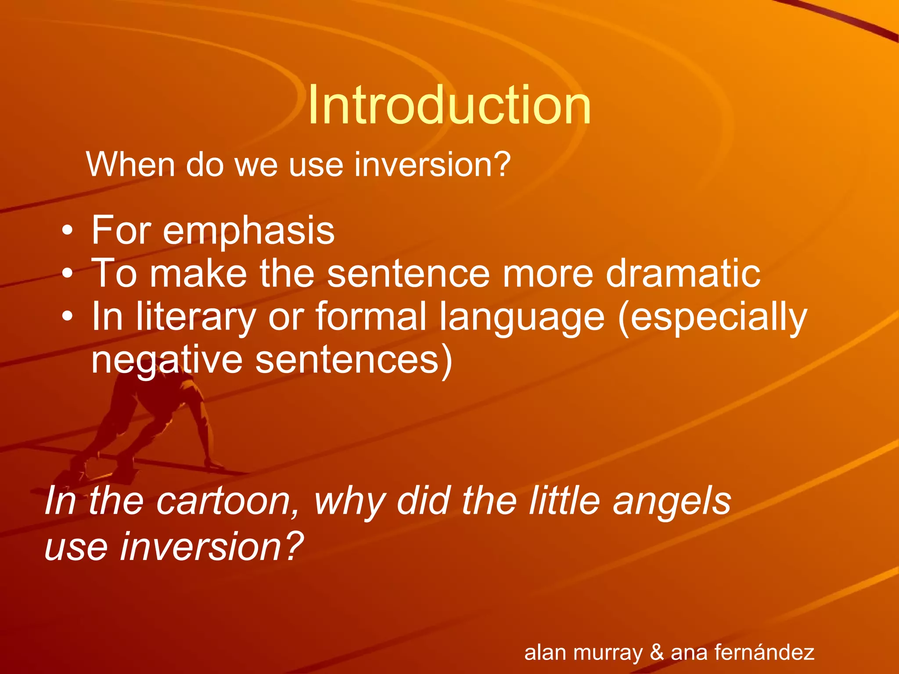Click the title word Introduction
[x=449, y=105]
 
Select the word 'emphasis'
[x=248, y=231]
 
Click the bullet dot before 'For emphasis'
[x=67, y=231]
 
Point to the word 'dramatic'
[x=683, y=274]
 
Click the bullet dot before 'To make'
[x=67, y=274]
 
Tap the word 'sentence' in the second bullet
[x=408, y=274]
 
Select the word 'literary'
[x=195, y=317]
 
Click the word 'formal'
[x=371, y=317]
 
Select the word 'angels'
[x=672, y=502]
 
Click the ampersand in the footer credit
[x=657, y=652]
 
